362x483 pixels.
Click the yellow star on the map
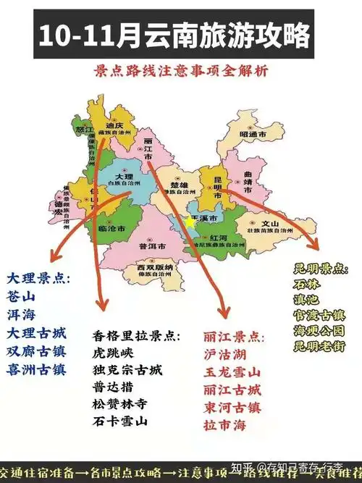coord(190,222)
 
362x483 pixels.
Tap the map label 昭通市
coord(253,135)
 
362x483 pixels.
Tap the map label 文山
coord(269,224)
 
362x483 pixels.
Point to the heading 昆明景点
coord(321,269)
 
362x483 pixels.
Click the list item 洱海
coord(22,315)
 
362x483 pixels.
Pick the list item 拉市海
coord(224,425)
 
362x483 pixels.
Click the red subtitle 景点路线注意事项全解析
coord(180,71)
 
